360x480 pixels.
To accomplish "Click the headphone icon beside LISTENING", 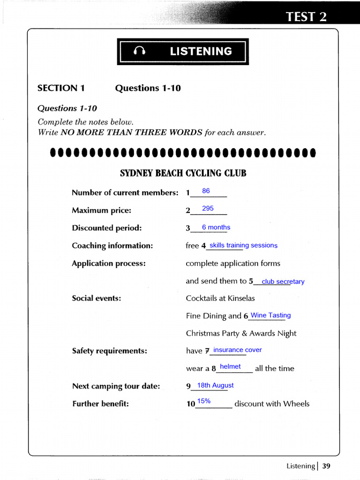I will click(140, 52).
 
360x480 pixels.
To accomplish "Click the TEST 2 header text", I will click(306, 17).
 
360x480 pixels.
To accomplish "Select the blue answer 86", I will click(206, 191).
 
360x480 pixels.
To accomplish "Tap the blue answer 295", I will click(208, 208).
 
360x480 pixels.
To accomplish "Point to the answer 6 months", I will click(216, 227).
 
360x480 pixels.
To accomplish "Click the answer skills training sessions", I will click(243, 245).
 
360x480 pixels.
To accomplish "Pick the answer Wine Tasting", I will click(270, 315).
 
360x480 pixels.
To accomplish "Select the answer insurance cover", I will click(237, 350).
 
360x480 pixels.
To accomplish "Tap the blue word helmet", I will click(230, 367).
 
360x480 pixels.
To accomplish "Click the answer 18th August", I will click(215, 385).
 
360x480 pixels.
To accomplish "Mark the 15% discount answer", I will click(204, 401).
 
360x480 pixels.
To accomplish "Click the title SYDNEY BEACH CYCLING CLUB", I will click(183, 173).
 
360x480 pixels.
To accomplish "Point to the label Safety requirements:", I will click(109, 351).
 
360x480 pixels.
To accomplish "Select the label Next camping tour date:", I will click(116, 386).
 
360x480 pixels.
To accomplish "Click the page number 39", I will click(326, 466).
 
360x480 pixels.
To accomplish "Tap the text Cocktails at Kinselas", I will click(220, 298).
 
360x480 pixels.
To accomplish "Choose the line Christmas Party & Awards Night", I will click(241, 333).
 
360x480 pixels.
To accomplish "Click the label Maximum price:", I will click(101, 210).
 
